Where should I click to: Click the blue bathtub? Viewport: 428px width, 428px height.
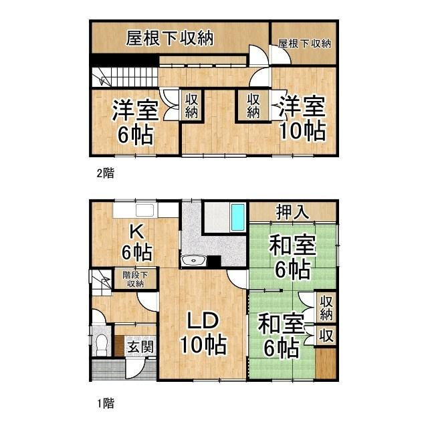coord(238,217)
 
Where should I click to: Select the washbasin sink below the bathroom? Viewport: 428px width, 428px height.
coord(193,260)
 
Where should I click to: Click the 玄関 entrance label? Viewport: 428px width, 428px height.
coord(141,348)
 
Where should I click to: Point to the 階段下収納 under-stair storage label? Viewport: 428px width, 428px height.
coord(135,279)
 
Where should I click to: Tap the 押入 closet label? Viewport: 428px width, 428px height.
coord(292,212)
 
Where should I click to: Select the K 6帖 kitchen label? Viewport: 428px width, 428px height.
coord(136,243)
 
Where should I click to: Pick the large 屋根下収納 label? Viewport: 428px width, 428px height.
coord(169,38)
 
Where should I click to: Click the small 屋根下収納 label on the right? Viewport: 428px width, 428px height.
coord(304,43)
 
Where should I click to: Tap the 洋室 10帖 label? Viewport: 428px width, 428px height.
coord(302,118)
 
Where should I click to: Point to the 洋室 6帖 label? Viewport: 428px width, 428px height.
coord(135,122)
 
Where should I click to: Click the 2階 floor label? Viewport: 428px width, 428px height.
coord(106,173)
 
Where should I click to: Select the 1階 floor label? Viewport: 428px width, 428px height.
coord(106,403)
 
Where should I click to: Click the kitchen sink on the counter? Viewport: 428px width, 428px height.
coord(145,210)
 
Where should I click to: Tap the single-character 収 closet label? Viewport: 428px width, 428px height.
coord(326,336)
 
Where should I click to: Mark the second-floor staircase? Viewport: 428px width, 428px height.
coord(125,78)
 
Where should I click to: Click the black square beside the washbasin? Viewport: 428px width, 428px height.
coord(214,261)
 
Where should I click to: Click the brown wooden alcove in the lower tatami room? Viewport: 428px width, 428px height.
coord(326,363)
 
